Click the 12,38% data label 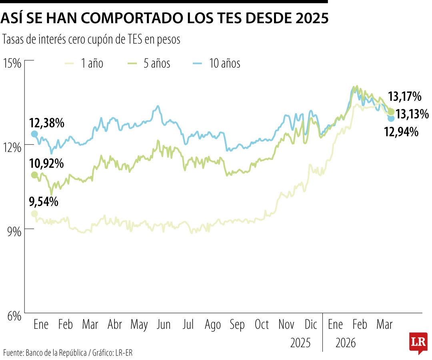coord(47,123)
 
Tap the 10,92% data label coord(47,163)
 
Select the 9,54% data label coord(44,202)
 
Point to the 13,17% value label coord(404,96)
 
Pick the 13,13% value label coord(412,114)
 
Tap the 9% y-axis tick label coord(13,232)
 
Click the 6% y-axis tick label coord(13,316)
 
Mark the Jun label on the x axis coord(163,324)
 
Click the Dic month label coord(310,324)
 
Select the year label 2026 coord(346,343)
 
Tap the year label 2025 coord(300,343)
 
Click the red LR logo coord(418,342)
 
